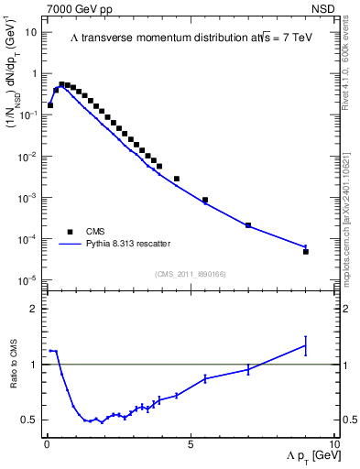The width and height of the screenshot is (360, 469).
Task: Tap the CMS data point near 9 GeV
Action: pyautogui.click(x=306, y=251)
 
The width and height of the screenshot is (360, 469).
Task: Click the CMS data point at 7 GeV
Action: pyautogui.click(x=248, y=225)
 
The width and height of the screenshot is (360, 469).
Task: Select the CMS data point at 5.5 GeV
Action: pyautogui.click(x=205, y=200)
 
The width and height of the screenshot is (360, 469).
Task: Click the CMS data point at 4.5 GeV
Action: pyautogui.click(x=177, y=179)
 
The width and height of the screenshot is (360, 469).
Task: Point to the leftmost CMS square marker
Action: pyautogui.click(x=50, y=105)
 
